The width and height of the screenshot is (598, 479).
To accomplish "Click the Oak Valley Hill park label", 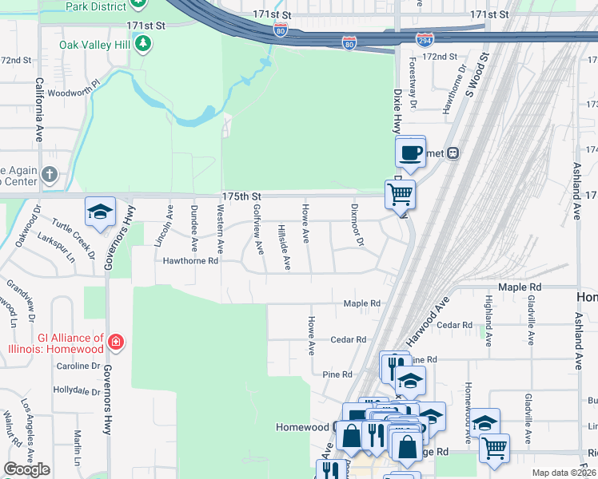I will point(94,45).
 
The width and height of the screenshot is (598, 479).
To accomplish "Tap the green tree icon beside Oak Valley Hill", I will point(143,44).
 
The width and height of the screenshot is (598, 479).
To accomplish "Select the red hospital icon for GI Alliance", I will point(116,343).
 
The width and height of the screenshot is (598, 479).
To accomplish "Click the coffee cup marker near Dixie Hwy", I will point(410,152).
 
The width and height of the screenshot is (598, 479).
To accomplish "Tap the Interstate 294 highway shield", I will point(425,38).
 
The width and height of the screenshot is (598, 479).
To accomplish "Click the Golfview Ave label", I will point(257,229).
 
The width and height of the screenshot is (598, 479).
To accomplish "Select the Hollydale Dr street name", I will point(74,390).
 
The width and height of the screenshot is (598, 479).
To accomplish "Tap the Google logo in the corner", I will point(27,469).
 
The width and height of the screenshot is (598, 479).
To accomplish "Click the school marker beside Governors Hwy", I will point(100,212).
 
